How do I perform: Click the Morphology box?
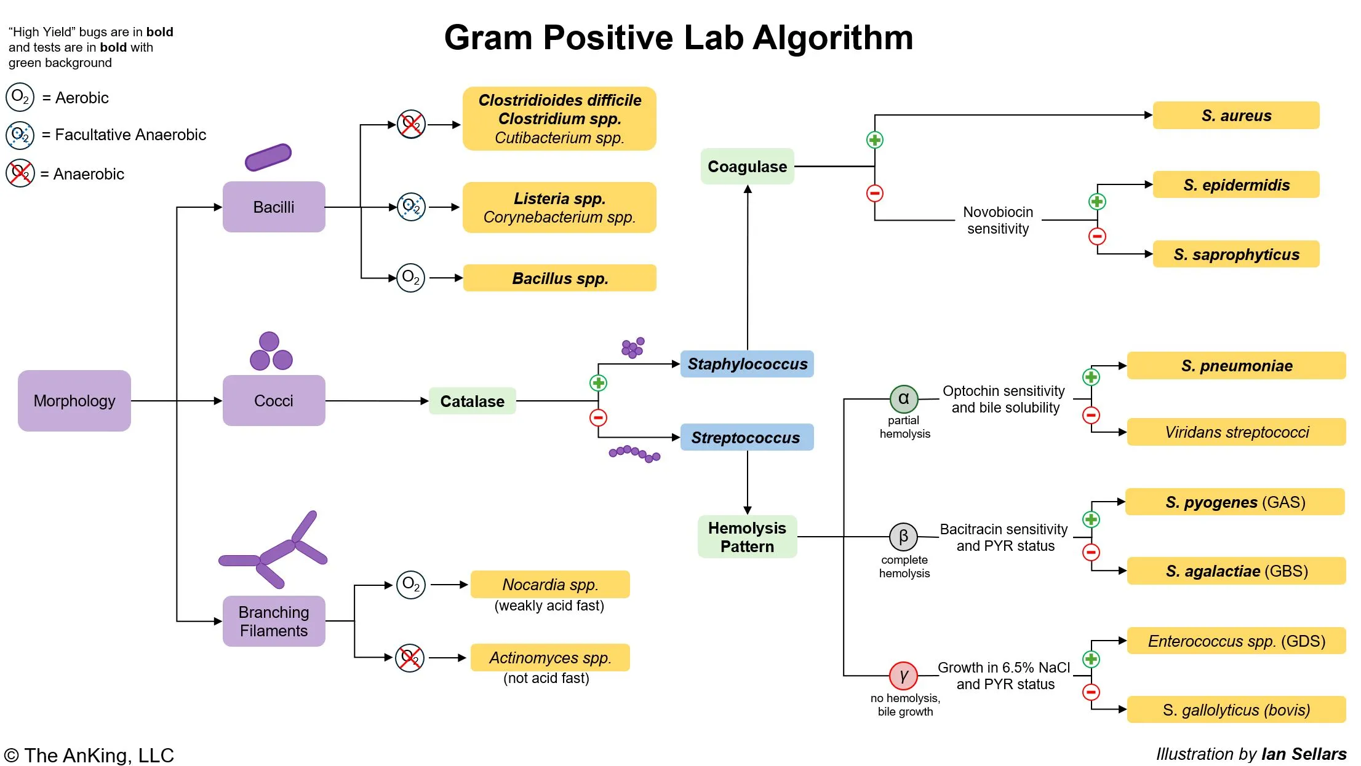point(74,401)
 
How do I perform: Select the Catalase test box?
point(472,401)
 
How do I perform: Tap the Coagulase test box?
point(747,167)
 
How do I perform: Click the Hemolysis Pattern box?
point(747,537)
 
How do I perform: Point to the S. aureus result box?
point(1235,116)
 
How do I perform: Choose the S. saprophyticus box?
point(1235,255)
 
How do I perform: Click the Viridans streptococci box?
point(1236,432)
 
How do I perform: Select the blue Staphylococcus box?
point(747,364)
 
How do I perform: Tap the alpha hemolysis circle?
point(903,399)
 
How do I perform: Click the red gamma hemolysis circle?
point(903,676)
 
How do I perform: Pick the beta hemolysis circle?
point(903,537)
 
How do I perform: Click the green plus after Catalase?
point(598,383)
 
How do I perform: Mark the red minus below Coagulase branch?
point(874,194)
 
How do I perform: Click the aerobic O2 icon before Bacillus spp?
point(410,278)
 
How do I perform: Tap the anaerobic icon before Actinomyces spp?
point(410,658)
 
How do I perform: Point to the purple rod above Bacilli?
point(268,157)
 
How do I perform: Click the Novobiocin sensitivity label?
point(997,220)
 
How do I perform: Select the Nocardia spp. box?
point(549,584)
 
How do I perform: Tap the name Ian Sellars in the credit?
point(1303,754)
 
